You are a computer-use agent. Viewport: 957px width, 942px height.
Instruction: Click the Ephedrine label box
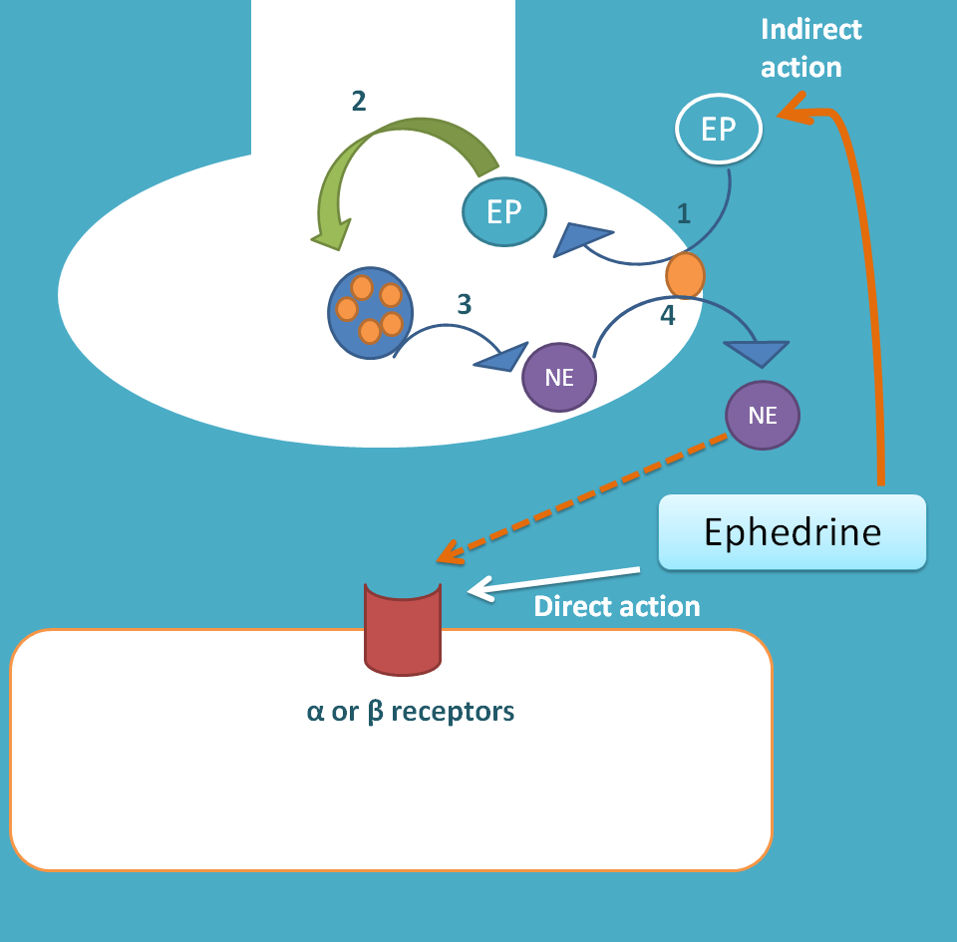click(793, 532)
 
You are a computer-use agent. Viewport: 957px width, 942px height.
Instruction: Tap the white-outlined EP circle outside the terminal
click(718, 130)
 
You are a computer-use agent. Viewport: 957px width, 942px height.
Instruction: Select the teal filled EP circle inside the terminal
click(504, 212)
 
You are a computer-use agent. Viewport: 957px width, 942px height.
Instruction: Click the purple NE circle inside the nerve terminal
click(560, 378)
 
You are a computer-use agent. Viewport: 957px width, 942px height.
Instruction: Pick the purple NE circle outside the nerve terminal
click(763, 416)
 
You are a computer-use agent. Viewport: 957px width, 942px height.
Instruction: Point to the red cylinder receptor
click(403, 628)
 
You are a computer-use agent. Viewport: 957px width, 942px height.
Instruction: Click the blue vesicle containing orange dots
click(370, 313)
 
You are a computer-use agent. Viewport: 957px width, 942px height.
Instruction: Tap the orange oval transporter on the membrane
click(685, 275)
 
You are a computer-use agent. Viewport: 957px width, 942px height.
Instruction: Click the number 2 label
click(359, 101)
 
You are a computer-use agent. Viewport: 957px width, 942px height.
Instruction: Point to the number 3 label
click(464, 304)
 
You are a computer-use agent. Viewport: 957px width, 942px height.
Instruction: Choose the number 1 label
click(683, 212)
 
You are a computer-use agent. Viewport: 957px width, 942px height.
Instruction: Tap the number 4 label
click(667, 316)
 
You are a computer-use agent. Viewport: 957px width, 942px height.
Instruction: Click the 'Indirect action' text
click(810, 48)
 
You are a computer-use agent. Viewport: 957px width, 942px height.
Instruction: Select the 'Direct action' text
click(617, 606)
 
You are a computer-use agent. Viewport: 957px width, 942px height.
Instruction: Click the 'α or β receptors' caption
click(410, 712)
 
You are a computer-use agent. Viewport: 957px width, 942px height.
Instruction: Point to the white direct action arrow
click(553, 581)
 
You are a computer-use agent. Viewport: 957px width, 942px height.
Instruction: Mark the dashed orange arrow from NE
click(588, 494)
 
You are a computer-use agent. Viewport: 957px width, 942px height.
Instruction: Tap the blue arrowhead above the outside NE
click(758, 352)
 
